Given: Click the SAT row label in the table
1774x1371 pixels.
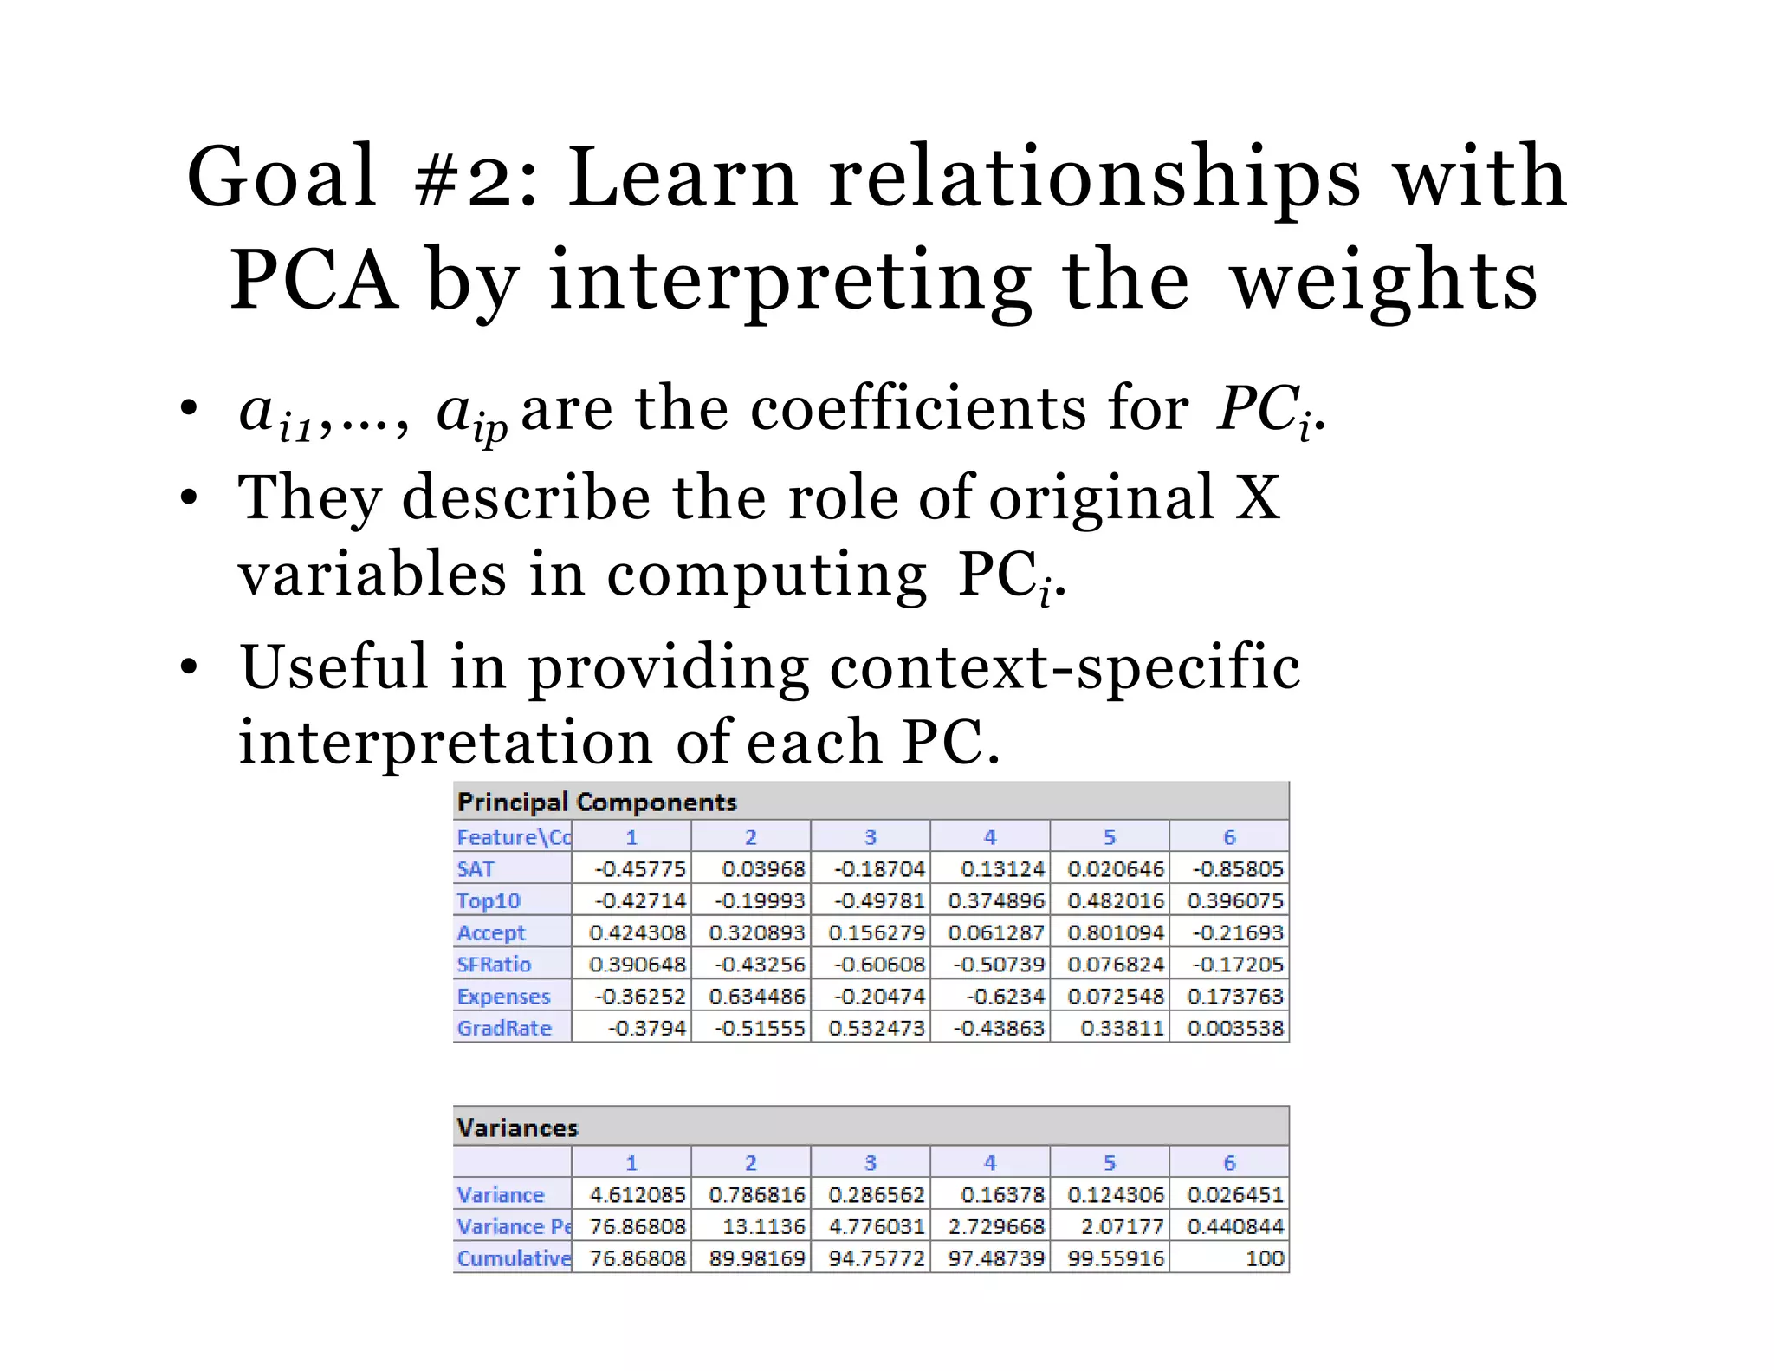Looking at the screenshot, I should coord(476,869).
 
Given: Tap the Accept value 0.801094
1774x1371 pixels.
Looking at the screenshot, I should coord(1116,933).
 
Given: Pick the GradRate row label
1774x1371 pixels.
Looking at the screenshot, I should coord(504,1029).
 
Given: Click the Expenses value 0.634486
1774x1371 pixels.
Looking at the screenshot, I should coord(757,997).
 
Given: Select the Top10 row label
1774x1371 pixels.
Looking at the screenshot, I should coord(489,901).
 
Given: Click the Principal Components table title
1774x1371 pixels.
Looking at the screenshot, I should coord(597,802).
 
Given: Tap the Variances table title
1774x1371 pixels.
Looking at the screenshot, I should coord(517,1128).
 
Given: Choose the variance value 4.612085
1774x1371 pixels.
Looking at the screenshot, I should coord(638,1195).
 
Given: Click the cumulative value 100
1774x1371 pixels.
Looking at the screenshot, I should coord(1265,1258).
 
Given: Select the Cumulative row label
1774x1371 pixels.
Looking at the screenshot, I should coord(514,1258).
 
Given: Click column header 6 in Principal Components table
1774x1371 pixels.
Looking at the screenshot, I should coord(1229,837).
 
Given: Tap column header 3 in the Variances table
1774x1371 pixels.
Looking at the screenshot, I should coord(871,1163).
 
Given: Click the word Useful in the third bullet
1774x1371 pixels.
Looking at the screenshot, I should coord(334,666).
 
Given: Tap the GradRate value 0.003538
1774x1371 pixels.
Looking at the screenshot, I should coord(1235,1029).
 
